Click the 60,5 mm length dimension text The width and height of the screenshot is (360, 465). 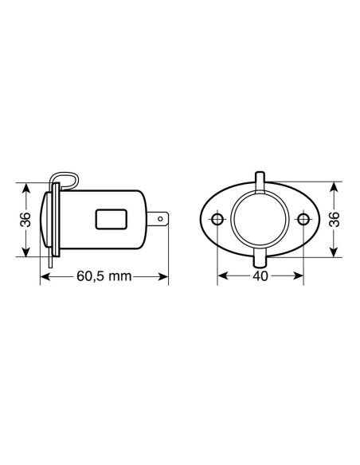tap(104, 277)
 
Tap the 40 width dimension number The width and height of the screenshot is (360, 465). tap(260, 277)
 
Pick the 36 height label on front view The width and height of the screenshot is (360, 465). tap(335, 218)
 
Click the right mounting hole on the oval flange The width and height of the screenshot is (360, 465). tap(302, 218)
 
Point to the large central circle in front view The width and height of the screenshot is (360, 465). tap(260, 218)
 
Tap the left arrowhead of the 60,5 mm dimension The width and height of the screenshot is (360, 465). tap(43, 277)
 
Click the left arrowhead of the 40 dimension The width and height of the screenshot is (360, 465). tap(221, 277)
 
